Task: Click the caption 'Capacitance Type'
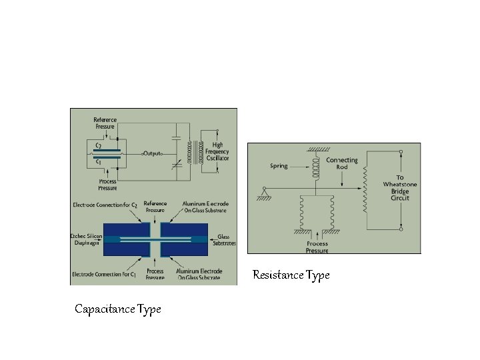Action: tap(118, 309)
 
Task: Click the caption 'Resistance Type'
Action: tap(291, 275)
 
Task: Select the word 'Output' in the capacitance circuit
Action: tap(152, 153)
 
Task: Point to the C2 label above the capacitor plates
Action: tap(99, 145)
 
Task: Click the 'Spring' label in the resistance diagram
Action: tap(279, 166)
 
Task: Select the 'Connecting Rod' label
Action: tap(341, 163)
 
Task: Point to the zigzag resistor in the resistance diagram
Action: tap(365, 190)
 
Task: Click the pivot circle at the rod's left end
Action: tap(266, 189)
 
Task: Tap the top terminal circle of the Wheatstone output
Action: tap(401, 152)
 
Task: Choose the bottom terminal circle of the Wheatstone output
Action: tap(401, 229)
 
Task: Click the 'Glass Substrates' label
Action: tap(223, 240)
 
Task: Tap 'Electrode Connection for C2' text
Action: tap(105, 205)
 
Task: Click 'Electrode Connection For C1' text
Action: tap(105, 275)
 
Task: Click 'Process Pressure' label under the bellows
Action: tap(317, 247)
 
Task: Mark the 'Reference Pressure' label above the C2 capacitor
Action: tap(105, 123)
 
